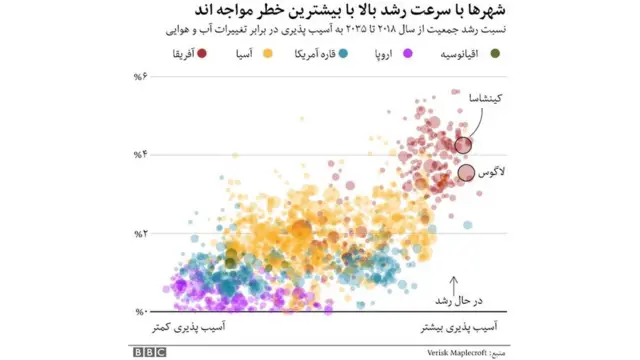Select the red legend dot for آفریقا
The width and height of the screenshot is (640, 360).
pyautogui.click(x=203, y=53)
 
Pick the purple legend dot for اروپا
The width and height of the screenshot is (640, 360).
pyautogui.click(x=352, y=53)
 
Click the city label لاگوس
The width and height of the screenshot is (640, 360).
pyautogui.click(x=495, y=171)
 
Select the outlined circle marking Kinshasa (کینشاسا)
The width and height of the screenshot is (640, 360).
pyautogui.click(x=462, y=145)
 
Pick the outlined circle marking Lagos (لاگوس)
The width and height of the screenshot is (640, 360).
pyautogui.click(x=466, y=173)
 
